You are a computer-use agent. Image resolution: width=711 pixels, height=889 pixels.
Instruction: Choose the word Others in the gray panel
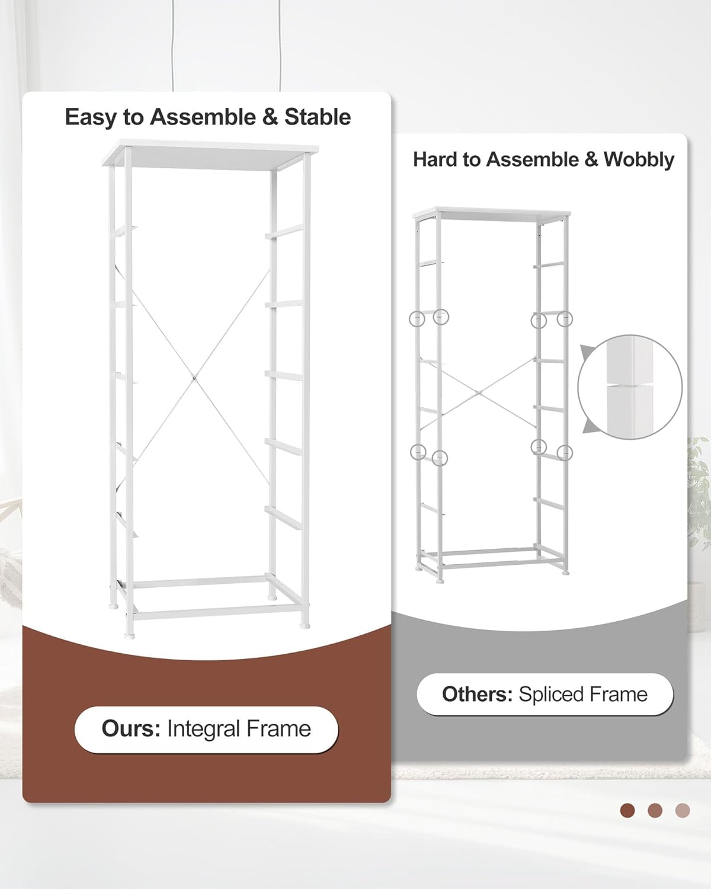(x=477, y=694)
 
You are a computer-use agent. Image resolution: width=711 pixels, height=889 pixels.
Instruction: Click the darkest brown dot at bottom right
(x=627, y=810)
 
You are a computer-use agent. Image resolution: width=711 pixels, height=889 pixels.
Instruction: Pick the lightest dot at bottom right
(x=683, y=810)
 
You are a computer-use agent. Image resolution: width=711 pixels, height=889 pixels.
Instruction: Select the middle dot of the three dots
(x=655, y=810)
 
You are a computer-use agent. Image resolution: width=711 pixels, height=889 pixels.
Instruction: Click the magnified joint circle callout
(x=630, y=387)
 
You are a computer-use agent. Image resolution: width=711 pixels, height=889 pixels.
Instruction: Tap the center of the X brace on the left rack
(x=194, y=377)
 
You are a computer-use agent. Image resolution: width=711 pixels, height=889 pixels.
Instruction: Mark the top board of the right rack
(x=492, y=213)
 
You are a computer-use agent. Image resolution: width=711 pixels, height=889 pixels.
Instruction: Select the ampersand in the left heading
(x=270, y=117)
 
